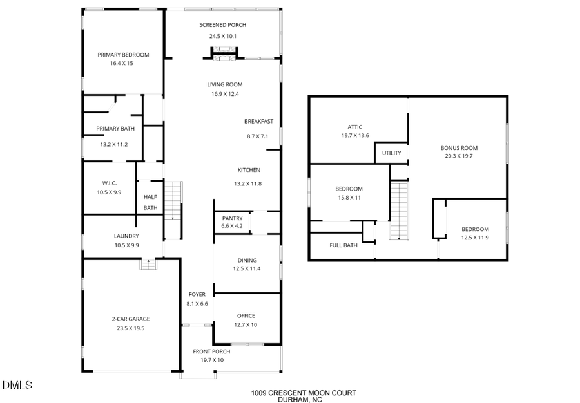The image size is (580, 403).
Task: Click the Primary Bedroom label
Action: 123,55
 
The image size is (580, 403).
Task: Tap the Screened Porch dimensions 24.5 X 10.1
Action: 222,37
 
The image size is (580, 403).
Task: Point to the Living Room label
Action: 224,84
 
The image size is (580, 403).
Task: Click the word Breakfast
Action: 258,122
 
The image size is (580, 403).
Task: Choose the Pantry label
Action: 232,218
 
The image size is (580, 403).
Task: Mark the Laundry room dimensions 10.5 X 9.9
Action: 126,245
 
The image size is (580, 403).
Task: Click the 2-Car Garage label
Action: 131,319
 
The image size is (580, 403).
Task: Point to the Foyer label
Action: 197,295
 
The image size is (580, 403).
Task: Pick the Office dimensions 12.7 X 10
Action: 246,325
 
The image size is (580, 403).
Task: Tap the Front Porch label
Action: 211,351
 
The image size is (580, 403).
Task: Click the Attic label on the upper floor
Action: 355,127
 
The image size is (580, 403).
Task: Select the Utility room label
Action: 391,153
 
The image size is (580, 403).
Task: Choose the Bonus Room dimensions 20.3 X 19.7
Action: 459,156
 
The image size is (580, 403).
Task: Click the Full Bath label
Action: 343,245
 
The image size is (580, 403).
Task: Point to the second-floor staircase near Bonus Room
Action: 400,211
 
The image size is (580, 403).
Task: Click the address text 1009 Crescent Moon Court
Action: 303,393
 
